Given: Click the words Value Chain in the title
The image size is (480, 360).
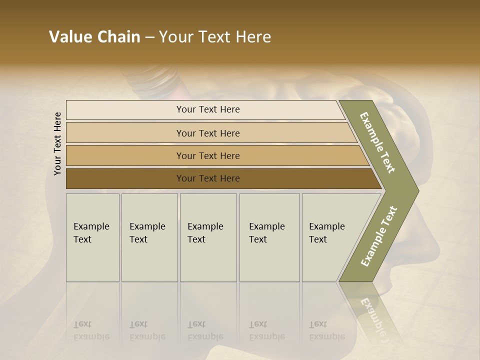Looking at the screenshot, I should [94, 37].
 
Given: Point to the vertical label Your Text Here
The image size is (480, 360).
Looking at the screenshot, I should [57, 143].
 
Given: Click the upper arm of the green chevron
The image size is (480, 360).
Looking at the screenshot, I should [378, 142].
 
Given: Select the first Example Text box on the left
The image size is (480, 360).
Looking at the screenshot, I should [92, 237].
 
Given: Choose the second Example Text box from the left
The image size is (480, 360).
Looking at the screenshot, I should [149, 237].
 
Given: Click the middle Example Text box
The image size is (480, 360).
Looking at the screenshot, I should [208, 237].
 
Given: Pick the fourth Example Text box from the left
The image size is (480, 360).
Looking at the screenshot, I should [269, 237].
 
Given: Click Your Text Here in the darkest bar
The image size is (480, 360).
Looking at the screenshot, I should [208, 178].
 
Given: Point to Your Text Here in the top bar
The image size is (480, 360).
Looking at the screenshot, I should [208, 109].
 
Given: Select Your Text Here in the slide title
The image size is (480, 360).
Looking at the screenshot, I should [215, 37].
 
